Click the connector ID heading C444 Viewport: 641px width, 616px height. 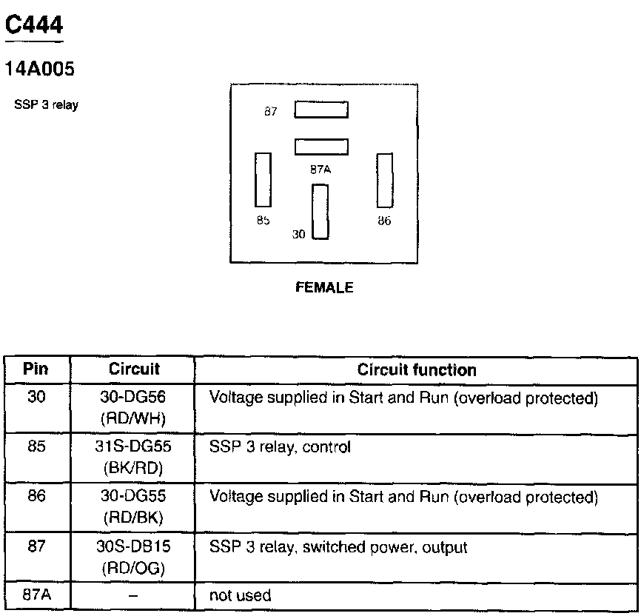(x=34, y=26)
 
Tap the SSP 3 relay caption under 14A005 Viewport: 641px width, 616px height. (x=46, y=105)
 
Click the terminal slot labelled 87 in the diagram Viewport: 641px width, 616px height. (x=321, y=110)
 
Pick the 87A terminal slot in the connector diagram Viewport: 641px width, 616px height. (x=321, y=147)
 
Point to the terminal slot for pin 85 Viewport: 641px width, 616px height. (x=263, y=180)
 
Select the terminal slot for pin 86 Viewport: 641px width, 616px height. (x=384, y=180)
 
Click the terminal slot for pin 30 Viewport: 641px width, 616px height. (x=320, y=212)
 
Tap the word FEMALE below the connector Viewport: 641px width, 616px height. (x=324, y=288)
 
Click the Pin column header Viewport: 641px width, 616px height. (x=36, y=369)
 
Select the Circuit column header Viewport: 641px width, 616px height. (x=134, y=369)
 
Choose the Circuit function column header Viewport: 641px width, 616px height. (x=417, y=369)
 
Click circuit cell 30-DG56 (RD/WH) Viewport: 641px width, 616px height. (x=134, y=408)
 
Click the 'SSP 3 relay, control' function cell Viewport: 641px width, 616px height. (x=280, y=447)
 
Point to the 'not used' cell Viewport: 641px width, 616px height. (x=241, y=595)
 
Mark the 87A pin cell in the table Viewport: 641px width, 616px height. (x=36, y=595)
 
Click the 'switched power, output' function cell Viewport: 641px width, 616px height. (x=338, y=548)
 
